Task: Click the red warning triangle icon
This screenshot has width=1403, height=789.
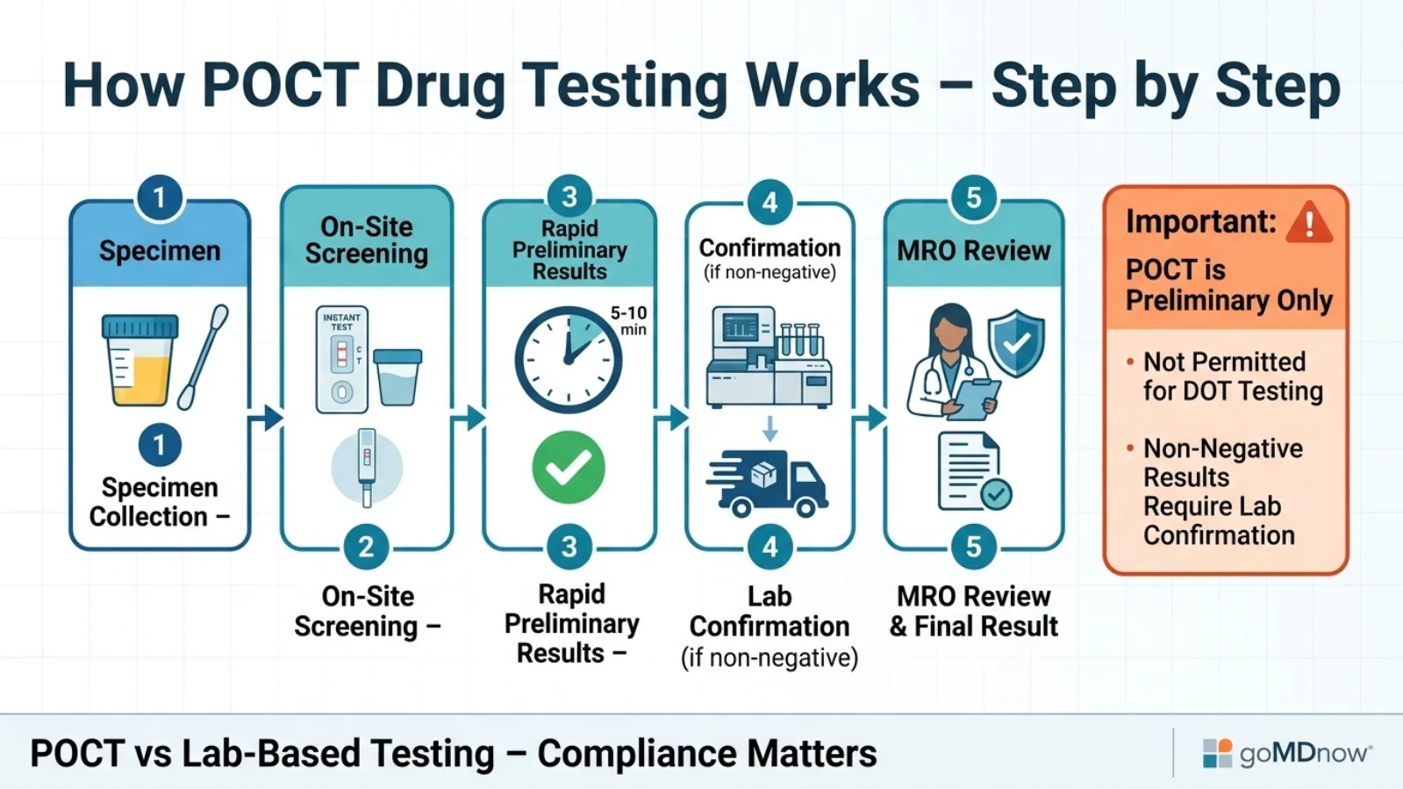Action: (x=1309, y=222)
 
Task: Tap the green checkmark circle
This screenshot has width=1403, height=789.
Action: (x=569, y=467)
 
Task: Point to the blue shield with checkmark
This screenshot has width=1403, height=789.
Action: (x=1016, y=342)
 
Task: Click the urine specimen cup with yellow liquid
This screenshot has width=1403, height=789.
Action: (x=140, y=360)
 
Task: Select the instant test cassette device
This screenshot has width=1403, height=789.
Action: (x=341, y=360)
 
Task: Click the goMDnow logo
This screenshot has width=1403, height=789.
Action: (x=1286, y=752)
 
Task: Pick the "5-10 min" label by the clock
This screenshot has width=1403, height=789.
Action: (x=629, y=320)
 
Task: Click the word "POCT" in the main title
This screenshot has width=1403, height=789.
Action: (x=280, y=85)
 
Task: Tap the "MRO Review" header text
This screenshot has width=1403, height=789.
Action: (x=973, y=251)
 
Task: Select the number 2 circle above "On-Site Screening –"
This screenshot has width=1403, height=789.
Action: (x=366, y=547)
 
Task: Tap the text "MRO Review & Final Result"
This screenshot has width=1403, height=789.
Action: (x=973, y=611)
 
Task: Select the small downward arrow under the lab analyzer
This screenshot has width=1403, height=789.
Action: (x=770, y=428)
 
